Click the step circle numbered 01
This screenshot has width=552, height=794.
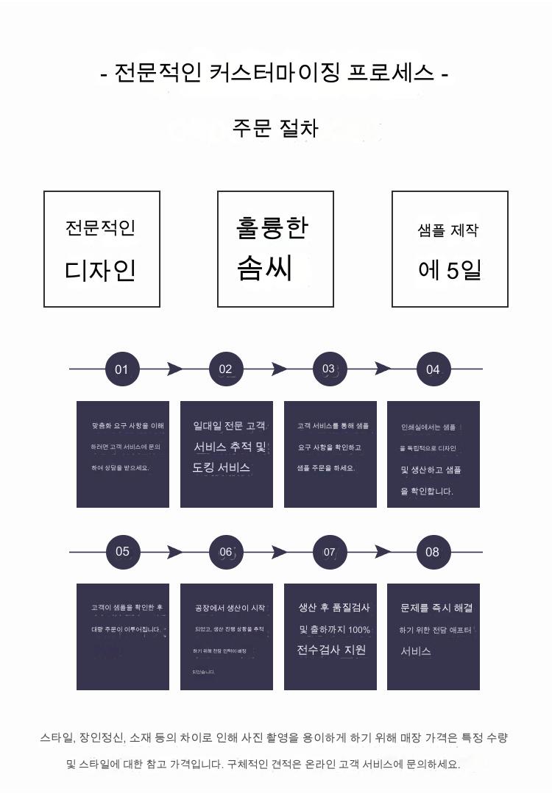(121, 369)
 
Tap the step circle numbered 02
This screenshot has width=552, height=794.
(225, 369)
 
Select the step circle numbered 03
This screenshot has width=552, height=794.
(329, 369)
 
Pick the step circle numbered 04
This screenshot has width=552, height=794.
(433, 369)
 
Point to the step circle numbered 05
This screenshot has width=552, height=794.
(121, 551)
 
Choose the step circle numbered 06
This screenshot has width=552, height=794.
(225, 551)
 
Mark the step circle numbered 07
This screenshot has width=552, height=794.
(329, 551)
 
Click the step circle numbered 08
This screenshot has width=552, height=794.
(433, 551)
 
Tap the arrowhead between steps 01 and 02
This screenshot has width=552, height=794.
(174, 369)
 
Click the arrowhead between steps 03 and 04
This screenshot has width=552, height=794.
(383, 369)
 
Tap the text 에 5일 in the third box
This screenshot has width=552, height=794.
(449, 270)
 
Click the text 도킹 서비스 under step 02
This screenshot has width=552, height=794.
(222, 468)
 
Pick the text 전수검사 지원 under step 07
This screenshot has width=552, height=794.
(331, 650)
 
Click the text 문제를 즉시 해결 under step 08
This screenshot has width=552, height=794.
(436, 608)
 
